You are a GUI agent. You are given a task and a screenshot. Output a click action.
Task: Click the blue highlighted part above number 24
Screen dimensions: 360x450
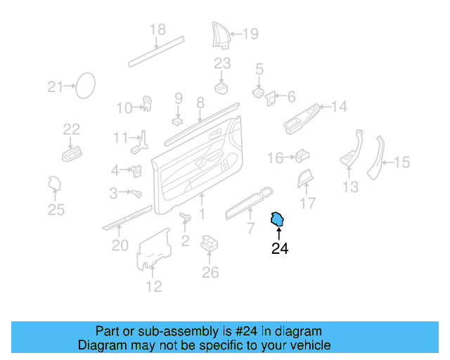tap(278, 220)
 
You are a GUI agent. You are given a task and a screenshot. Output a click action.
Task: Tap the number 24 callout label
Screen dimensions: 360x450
tap(280, 248)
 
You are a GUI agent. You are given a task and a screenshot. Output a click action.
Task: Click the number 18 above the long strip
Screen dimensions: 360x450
tap(157, 30)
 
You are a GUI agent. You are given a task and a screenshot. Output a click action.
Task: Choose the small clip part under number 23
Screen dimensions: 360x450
tap(222, 87)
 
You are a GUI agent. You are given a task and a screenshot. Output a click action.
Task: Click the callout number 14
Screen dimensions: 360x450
tap(340, 107)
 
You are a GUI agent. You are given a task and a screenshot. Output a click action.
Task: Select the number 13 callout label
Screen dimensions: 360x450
tap(350, 187)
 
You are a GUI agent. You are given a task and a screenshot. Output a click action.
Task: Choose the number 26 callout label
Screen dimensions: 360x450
tap(210, 272)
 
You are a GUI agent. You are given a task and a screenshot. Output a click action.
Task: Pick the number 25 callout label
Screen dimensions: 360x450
tap(56, 210)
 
